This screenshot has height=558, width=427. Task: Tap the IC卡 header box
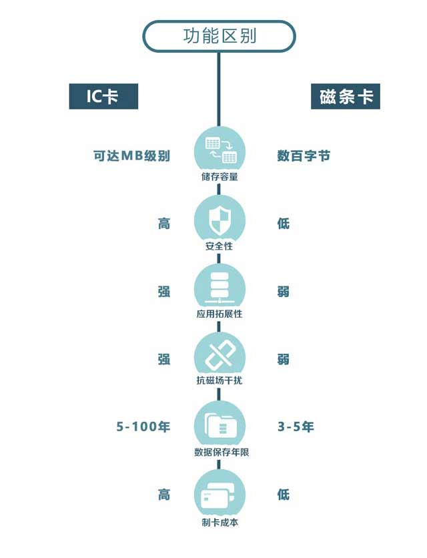(103, 96)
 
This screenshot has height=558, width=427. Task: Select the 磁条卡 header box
(345, 96)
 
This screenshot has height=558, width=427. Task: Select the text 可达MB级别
(132, 156)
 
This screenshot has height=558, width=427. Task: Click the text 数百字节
(304, 156)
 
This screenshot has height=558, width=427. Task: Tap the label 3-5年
(296, 427)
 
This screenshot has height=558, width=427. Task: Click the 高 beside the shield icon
(164, 223)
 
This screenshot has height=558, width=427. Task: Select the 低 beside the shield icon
(284, 223)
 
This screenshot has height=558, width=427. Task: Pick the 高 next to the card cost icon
(164, 495)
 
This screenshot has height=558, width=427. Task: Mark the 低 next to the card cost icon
(284, 495)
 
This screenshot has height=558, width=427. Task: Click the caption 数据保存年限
(220, 453)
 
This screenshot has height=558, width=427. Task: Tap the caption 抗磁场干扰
(220, 382)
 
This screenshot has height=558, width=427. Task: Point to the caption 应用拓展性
(220, 314)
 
